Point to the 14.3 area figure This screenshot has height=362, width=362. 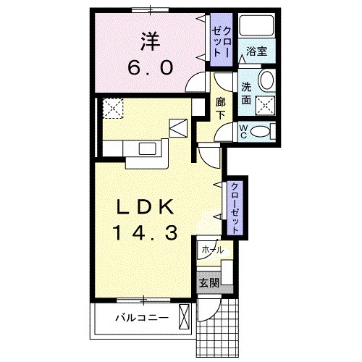[145, 233]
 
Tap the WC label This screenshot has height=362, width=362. [244, 131]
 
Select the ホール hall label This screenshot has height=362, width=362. [213, 249]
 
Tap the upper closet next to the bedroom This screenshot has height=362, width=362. [219, 41]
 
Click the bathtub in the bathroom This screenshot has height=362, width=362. [258, 28]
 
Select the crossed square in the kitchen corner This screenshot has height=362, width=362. [113, 109]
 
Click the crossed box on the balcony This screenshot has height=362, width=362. [185, 316]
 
